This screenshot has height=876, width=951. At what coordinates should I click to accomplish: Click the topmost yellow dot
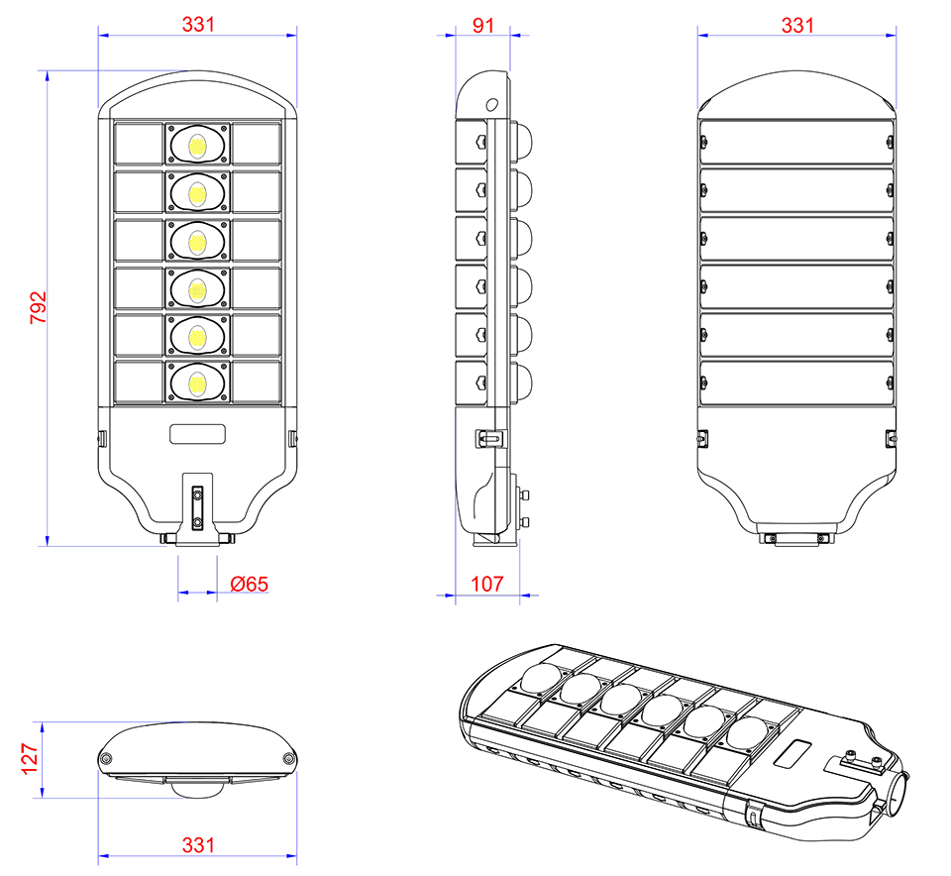[197, 147]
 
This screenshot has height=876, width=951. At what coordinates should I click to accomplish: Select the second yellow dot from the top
[197, 194]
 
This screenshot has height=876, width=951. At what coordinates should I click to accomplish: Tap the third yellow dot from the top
[197, 243]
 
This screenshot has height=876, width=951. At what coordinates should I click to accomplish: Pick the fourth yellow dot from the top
[197, 290]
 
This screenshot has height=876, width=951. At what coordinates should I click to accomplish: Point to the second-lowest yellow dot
[197, 338]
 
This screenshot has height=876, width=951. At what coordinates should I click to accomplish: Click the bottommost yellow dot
[197, 384]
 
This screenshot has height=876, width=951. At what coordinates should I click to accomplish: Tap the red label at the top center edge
[483, 24]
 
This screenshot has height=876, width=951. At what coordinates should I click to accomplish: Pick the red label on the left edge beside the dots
[31, 307]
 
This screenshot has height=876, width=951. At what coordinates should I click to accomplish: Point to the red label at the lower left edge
[29, 760]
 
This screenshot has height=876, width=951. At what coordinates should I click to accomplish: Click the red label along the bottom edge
[197, 837]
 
